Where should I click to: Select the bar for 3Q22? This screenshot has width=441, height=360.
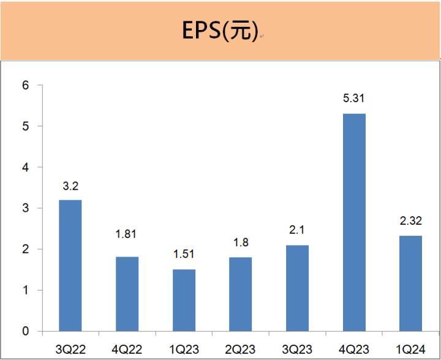pos(70,265)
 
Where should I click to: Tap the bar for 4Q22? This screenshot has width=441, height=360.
pos(127,294)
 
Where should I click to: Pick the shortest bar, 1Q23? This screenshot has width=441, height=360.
pos(184,300)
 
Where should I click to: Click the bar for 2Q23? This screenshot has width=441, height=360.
pos(240,294)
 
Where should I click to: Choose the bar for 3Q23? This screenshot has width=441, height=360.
pos(297,288)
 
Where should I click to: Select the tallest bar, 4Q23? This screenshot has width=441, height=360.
pos(354,222)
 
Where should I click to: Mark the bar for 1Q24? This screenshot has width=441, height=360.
pos(410,283)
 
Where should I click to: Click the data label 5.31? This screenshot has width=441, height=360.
pos(354,99)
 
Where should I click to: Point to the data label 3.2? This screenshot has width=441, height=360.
pos(70,185)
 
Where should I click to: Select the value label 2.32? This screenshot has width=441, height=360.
pos(410,221)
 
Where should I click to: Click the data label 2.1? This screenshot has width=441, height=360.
pos(297,230)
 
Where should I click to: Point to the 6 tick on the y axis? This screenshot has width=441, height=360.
pos(26,86)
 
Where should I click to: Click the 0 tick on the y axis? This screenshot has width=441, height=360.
pos(26,331)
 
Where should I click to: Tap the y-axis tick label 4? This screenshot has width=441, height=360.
pos(26,167)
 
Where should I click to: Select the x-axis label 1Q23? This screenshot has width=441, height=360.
pos(184,348)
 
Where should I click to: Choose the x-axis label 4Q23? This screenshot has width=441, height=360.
pos(354,348)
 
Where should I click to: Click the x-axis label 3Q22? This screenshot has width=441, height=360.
pos(70,348)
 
